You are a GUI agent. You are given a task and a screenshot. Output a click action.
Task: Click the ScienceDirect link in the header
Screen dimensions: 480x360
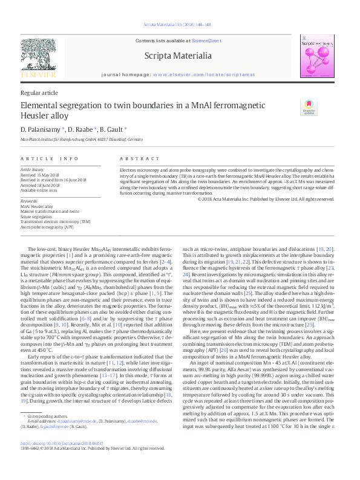tap(206, 41)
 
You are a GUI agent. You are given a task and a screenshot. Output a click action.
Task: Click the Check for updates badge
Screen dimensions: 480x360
tap(309, 107)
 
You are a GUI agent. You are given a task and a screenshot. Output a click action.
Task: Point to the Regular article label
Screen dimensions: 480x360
tap(39, 92)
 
